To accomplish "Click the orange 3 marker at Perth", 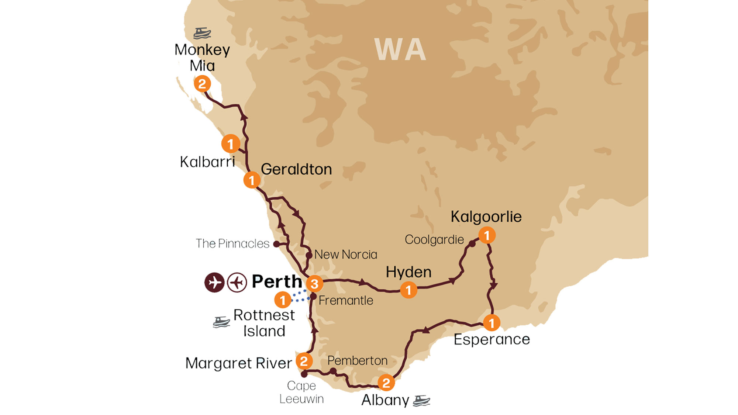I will click(x=314, y=284).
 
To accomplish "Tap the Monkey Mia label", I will click(x=202, y=58).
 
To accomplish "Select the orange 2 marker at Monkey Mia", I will click(x=202, y=84).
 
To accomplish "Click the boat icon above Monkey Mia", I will click(x=202, y=33).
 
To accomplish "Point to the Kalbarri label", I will click(x=207, y=162).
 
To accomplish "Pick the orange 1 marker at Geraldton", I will click(x=252, y=180).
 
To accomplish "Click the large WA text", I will click(x=400, y=50).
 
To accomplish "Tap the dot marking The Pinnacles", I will click(x=276, y=244).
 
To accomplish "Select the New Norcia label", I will click(x=346, y=255).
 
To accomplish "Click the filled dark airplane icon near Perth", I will click(x=214, y=283).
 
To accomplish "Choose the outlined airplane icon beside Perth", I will click(x=237, y=283).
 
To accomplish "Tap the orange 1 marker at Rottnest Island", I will click(x=283, y=300).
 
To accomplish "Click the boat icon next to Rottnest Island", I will click(x=221, y=322).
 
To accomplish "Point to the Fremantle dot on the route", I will click(x=313, y=296).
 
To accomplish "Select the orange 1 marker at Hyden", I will click(x=408, y=290).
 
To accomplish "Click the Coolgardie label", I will click(x=434, y=240).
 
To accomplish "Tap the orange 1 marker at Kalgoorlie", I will click(x=487, y=235).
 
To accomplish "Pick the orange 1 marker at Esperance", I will click(x=492, y=323).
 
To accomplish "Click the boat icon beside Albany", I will click(x=421, y=401).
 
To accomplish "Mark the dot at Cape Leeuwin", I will click(x=304, y=374).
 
